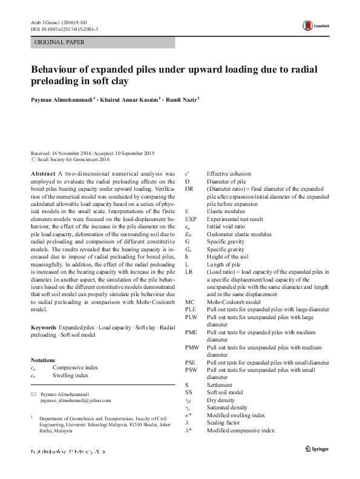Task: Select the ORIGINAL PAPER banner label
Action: point(60,42)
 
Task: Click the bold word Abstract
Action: point(44,173)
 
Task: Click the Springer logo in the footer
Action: point(319,449)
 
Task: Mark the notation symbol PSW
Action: point(191,369)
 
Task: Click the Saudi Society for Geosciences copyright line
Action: point(72,160)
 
